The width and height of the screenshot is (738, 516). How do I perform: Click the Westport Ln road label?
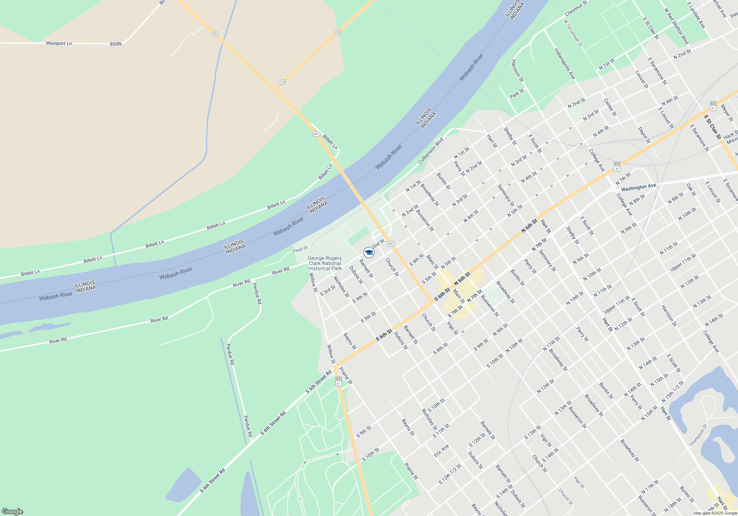coord(59,43)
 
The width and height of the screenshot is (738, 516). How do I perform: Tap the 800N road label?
coord(115,44)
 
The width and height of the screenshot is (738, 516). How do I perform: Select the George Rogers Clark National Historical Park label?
coord(325,264)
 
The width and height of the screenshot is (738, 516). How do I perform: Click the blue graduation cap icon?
coord(369,252)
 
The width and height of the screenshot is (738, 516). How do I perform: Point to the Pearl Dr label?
coord(300,250)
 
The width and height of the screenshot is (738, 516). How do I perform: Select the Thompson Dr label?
coord(698,435)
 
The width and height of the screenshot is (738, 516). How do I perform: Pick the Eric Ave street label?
coord(441,450)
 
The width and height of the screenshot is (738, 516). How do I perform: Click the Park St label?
coord(517,94)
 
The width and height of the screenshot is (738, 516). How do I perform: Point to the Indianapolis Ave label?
coord(565,63)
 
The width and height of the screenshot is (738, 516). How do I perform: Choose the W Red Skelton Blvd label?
coord(676,26)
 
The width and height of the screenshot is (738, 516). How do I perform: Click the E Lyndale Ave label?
coord(696,15)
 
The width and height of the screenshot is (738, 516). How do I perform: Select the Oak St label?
coord(691,189)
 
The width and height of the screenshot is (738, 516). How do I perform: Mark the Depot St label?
coord(644,135)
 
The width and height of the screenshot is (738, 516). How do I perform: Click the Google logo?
coord(12,511)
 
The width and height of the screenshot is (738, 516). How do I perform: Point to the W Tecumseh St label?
coord(573,33)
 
